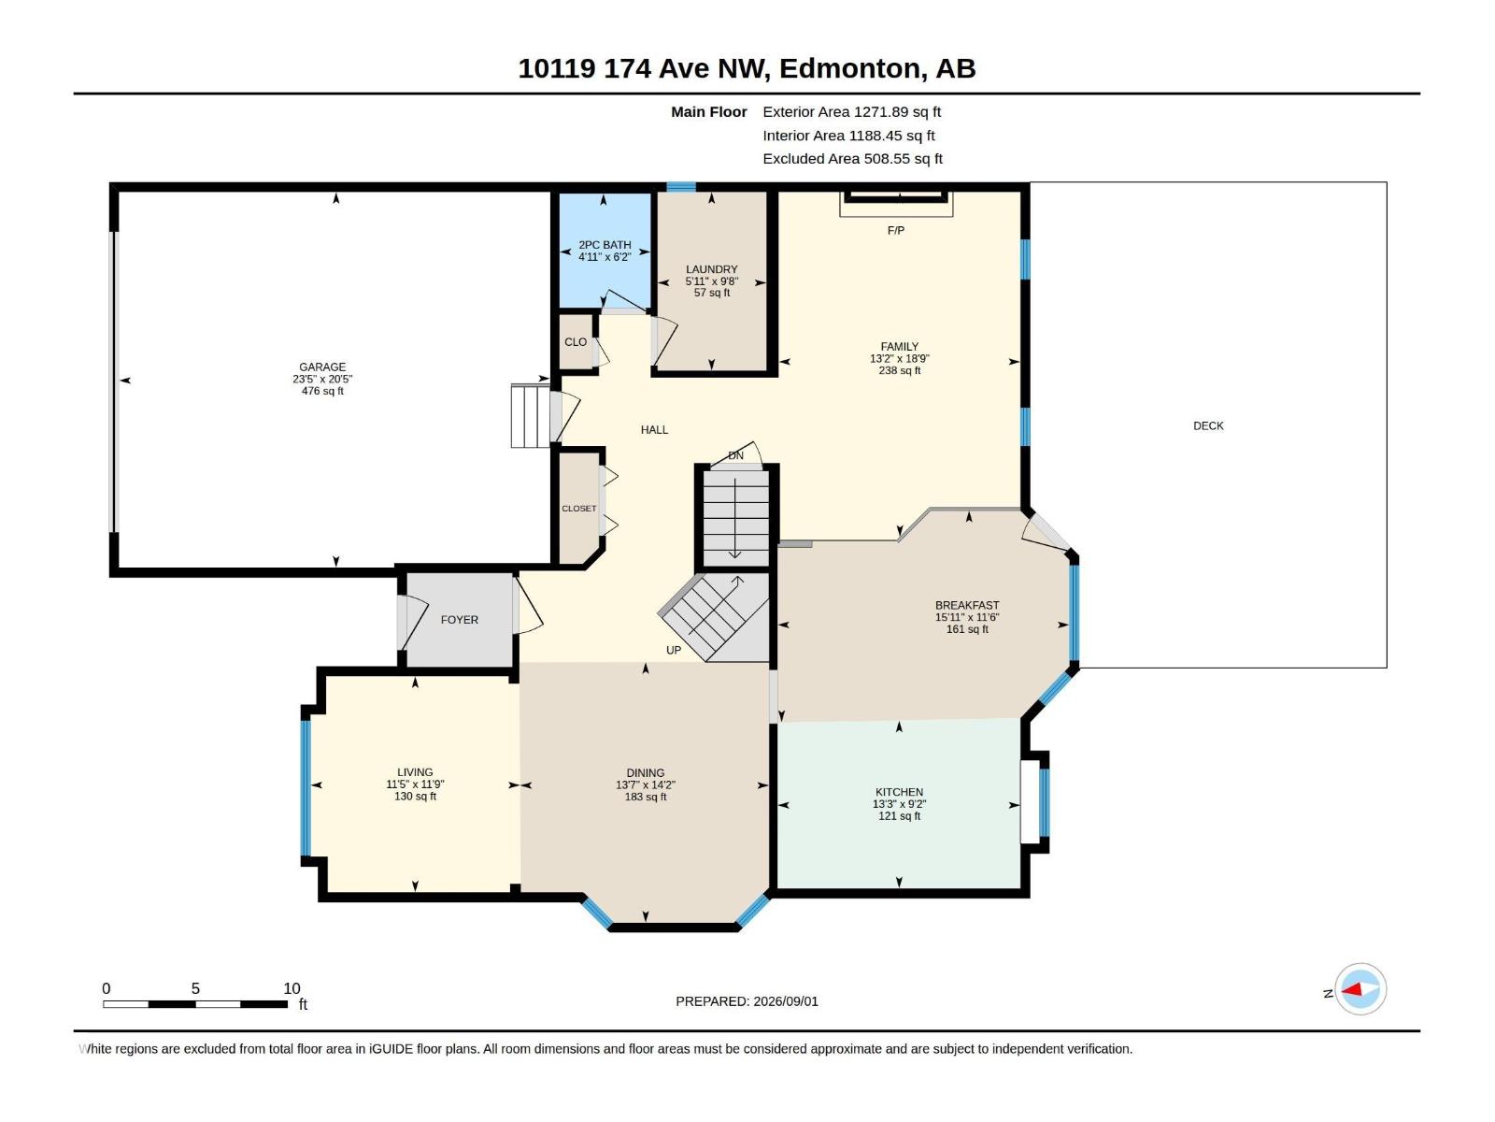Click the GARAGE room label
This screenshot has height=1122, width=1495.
[x=322, y=367]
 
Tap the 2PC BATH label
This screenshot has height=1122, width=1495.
[x=605, y=245]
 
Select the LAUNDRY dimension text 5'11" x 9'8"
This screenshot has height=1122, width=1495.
[x=711, y=280]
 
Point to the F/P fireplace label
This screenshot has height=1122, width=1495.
[x=895, y=230]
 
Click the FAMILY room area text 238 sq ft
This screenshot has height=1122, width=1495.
[x=899, y=370]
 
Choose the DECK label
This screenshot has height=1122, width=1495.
[x=1207, y=425]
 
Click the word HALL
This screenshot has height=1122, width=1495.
[x=654, y=429]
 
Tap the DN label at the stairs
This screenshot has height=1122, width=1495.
[x=735, y=455]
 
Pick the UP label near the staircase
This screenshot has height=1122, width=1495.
[x=673, y=650]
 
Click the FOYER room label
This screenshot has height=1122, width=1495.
[x=459, y=619]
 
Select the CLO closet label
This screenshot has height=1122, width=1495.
[x=575, y=341]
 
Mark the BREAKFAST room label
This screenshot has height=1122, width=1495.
[x=966, y=605]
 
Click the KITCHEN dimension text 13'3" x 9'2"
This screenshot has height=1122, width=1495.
[x=899, y=804]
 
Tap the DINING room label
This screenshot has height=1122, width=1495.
[x=645, y=772]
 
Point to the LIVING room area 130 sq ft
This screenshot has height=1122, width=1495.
[x=415, y=796]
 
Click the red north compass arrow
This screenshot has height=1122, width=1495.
[x=1352, y=989]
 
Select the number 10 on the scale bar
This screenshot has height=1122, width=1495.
[x=292, y=988]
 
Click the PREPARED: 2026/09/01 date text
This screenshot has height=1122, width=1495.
[x=747, y=1001]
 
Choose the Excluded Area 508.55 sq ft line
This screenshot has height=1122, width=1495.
[x=852, y=159]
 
